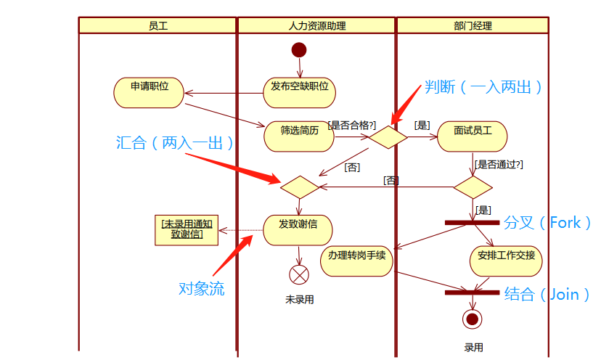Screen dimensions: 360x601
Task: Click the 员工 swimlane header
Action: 158,25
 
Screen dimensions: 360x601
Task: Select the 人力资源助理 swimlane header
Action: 316,25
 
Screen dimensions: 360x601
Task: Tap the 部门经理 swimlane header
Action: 472,25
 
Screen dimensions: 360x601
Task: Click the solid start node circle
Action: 299,49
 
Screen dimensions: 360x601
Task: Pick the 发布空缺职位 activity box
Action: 299,86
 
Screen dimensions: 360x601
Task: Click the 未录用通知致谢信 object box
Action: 187,229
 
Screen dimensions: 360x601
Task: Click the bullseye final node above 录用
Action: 473,319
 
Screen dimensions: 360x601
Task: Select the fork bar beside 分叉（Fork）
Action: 473,222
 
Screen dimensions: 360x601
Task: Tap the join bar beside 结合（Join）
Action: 473,293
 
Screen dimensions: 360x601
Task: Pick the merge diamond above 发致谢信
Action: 299,187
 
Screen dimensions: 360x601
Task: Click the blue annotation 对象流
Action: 201,289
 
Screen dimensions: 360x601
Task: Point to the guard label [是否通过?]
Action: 498,165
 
